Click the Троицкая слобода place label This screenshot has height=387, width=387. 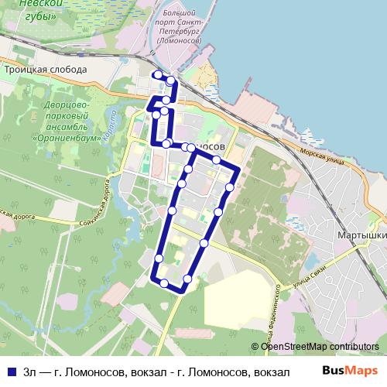(44, 69)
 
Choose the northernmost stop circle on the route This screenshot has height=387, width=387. (157, 74)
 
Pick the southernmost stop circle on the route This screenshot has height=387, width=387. (163, 283)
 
